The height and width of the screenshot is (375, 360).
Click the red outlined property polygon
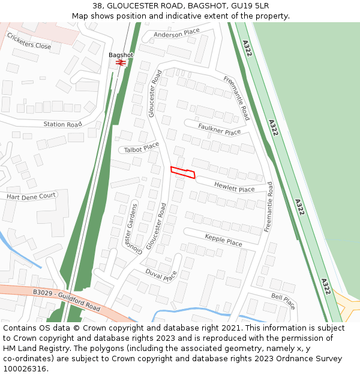[x=183, y=172]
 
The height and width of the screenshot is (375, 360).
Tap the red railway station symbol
[x=121, y=62]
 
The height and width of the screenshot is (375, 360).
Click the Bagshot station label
[x=121, y=55]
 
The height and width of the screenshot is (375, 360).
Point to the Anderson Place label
[x=176, y=34]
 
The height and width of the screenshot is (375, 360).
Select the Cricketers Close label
[x=29, y=41]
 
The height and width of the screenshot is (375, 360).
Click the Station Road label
[x=62, y=124]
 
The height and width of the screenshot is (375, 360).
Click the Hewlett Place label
[x=234, y=187]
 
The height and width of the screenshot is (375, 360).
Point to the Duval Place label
[x=161, y=275]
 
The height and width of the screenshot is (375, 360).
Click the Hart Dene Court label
[x=31, y=196]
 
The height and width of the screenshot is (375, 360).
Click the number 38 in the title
[x=98, y=5]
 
